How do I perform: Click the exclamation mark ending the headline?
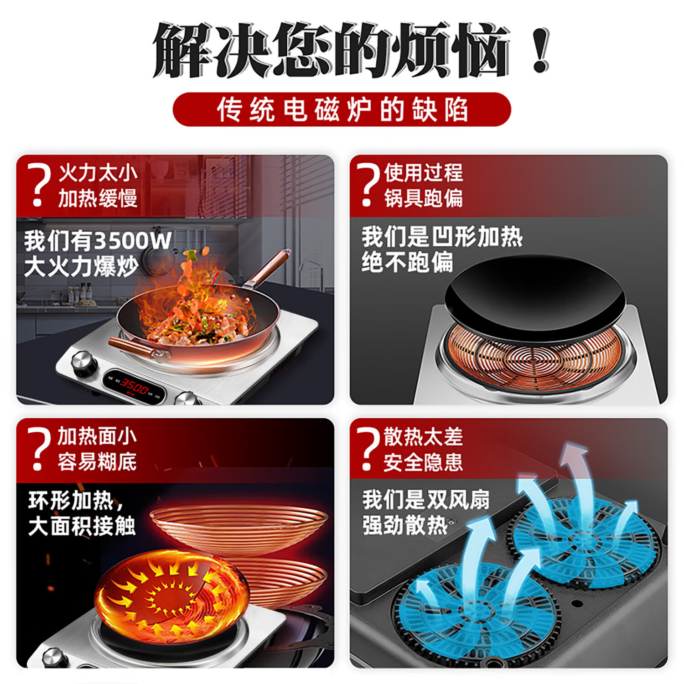[x=541, y=50]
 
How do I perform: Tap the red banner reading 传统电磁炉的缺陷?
[x=342, y=109]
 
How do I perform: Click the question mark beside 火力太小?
[x=39, y=185]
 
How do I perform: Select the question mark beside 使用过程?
[x=368, y=185]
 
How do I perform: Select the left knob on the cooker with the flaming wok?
[x=84, y=363]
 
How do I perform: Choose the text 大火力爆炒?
[x=81, y=267]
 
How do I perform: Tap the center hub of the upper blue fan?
[x=582, y=542]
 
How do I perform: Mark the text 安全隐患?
[x=423, y=462]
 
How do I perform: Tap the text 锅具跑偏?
[x=423, y=198]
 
